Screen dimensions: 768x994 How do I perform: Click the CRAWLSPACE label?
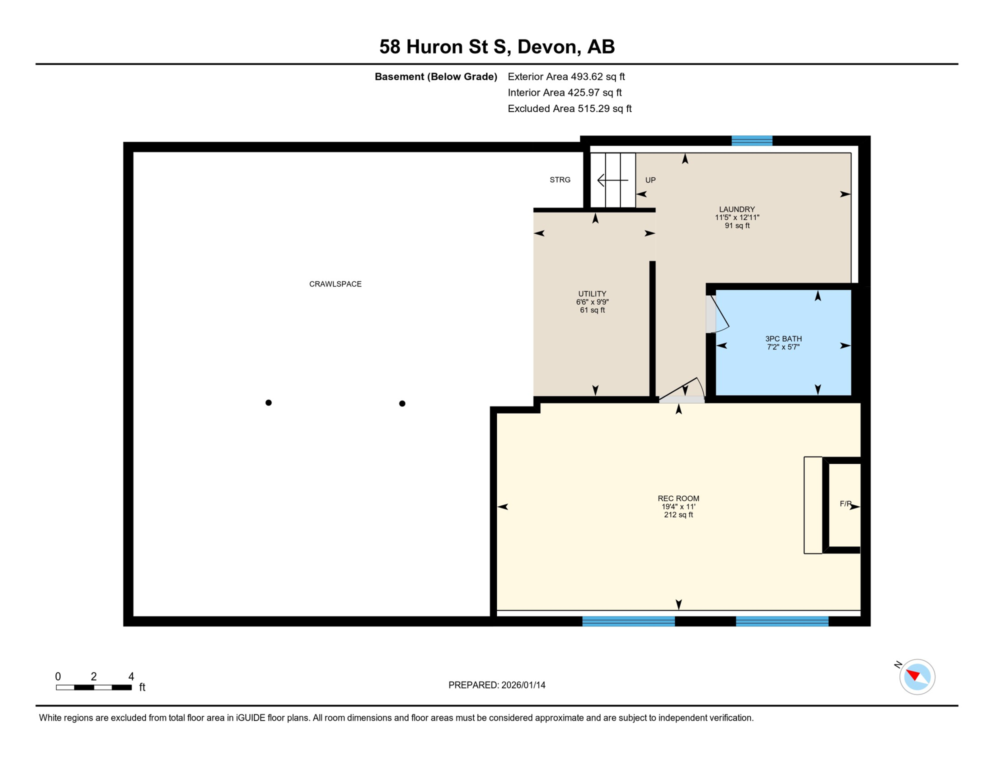click(x=335, y=284)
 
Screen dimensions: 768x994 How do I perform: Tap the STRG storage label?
click(x=559, y=180)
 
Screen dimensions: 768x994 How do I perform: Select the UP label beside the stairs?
click(x=650, y=180)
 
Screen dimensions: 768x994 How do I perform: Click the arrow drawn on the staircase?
click(x=612, y=180)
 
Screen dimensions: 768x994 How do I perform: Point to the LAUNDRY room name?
click(x=736, y=209)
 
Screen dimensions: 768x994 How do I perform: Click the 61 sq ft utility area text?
click(x=592, y=310)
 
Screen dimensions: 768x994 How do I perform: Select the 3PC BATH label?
click(x=783, y=338)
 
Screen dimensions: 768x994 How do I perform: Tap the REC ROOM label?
click(x=678, y=498)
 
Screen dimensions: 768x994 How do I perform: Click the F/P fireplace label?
click(x=845, y=504)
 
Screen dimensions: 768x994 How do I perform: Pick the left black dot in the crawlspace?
click(x=268, y=402)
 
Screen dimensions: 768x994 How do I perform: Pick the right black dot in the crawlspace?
click(x=402, y=403)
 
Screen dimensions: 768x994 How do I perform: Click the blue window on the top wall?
click(x=751, y=140)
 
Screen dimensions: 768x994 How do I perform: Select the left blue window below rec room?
click(x=628, y=621)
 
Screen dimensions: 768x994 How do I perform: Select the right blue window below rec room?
click(x=781, y=621)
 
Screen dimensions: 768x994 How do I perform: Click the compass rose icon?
click(x=916, y=677)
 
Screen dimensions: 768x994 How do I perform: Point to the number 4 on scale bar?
click(x=131, y=676)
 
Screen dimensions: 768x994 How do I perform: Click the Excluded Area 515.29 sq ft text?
click(x=569, y=108)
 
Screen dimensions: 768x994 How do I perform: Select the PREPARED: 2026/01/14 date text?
click(x=496, y=685)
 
